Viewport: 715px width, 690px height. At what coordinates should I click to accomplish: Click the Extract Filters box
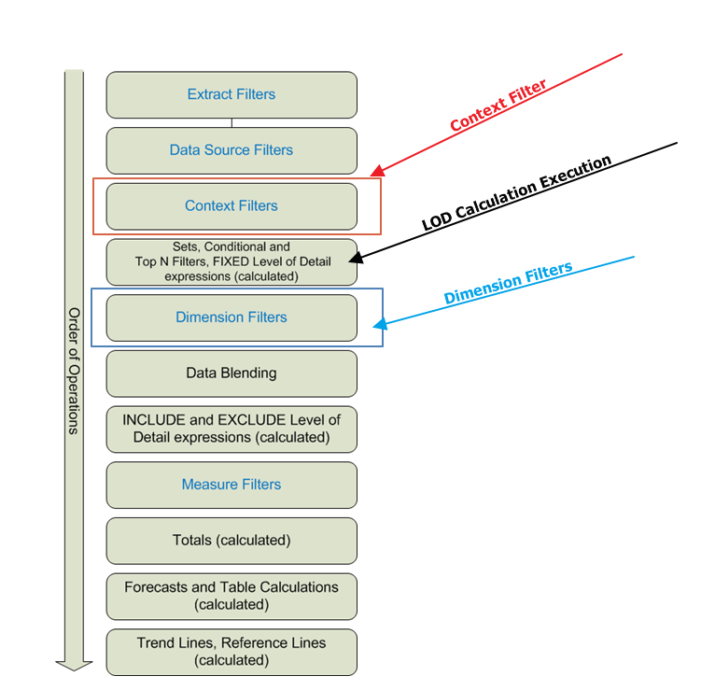[231, 94]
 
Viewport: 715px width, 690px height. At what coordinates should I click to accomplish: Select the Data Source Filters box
[231, 150]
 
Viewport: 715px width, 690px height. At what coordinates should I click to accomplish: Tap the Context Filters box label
[231, 205]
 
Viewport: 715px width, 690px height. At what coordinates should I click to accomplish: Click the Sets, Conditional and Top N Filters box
[231, 261]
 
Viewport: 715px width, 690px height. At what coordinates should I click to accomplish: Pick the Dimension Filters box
[231, 317]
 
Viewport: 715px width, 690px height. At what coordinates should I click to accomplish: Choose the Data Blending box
[231, 373]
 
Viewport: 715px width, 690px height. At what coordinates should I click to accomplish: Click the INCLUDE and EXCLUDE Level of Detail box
[231, 429]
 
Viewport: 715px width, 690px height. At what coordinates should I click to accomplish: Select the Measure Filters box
[231, 485]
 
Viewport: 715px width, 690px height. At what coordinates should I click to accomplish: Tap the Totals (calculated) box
[231, 541]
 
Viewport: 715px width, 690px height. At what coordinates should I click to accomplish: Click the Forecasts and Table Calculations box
[231, 596]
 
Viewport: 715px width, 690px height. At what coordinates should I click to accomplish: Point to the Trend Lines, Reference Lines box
[231, 652]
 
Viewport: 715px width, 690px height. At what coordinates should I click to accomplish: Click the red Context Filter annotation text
[498, 105]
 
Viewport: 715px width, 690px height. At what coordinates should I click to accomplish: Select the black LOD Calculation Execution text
[516, 193]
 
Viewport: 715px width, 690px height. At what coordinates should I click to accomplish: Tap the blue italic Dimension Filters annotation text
[508, 284]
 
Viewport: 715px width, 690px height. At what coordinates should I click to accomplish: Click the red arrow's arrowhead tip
[372, 175]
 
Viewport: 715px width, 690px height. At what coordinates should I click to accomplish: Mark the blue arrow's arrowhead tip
[374, 326]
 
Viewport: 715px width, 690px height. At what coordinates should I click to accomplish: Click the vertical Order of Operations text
[74, 371]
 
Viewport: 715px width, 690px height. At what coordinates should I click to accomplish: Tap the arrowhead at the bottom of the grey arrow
[74, 664]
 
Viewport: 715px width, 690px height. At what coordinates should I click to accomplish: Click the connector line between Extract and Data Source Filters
[231, 122]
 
